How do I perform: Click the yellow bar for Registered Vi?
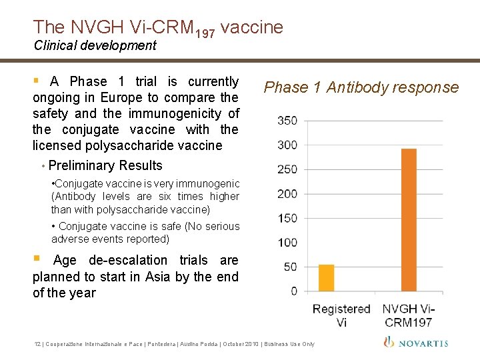pyautogui.click(x=326, y=278)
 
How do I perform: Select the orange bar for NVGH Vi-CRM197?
pyautogui.click(x=409, y=220)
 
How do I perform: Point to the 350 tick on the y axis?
pyautogui.click(x=288, y=121)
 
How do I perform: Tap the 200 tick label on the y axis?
pyautogui.click(x=288, y=193)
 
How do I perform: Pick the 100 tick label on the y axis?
pyautogui.click(x=288, y=242)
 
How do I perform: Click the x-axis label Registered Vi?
pyautogui.click(x=341, y=315)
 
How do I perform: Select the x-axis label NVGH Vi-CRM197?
pyautogui.click(x=408, y=315)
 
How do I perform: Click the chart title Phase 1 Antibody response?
pyautogui.click(x=361, y=87)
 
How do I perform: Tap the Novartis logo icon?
pyautogui.click(x=389, y=342)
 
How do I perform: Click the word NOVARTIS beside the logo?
pyautogui.click(x=423, y=343)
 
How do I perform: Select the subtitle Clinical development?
pyautogui.click(x=95, y=45)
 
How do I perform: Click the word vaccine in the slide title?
pyautogui.click(x=251, y=27)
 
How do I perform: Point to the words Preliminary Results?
pyautogui.click(x=105, y=165)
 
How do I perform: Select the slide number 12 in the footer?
pyautogui.click(x=37, y=344)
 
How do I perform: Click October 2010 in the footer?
pyautogui.click(x=247, y=344)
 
